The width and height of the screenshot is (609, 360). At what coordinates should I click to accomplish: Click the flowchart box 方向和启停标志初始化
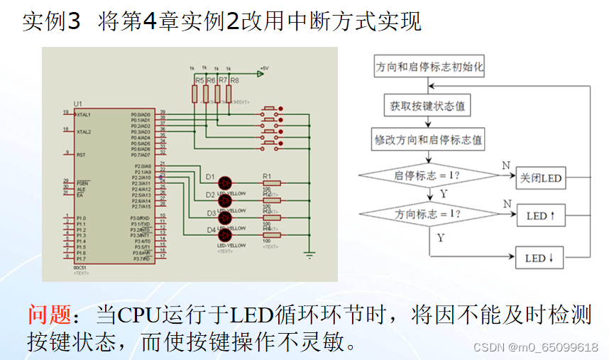coord(429,67)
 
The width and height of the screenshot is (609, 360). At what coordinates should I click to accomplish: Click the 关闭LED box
coord(540,178)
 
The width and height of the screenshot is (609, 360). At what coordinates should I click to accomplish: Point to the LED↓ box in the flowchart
coord(539,258)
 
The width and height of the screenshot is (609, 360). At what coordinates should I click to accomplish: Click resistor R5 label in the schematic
coord(199,81)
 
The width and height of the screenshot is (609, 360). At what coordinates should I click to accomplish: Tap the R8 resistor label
coord(234,81)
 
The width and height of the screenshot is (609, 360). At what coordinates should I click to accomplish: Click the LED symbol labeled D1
coord(225,182)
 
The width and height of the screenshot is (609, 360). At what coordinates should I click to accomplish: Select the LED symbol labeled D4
coord(225,235)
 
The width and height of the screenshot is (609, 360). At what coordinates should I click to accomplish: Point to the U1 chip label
coord(77,104)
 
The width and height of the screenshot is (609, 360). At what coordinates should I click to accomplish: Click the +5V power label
coord(263,69)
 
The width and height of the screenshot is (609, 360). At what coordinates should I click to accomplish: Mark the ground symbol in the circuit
coord(309,253)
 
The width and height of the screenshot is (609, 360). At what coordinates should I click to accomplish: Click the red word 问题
coord(49,314)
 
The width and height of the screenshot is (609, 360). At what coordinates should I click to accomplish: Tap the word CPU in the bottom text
coord(139,314)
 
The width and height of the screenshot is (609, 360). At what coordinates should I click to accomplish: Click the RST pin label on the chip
coord(82,154)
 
